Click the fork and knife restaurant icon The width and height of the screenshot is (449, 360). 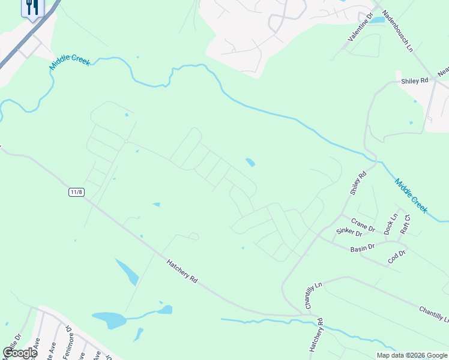(x=32, y=7)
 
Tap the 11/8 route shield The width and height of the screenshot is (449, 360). (x=76, y=192)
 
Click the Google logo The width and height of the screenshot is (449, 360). (x=20, y=353)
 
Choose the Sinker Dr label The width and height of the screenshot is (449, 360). (x=349, y=232)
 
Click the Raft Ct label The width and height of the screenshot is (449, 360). (x=405, y=224)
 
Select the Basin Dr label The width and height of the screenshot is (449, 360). (x=363, y=247)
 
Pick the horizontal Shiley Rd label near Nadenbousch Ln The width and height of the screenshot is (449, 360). (x=414, y=80)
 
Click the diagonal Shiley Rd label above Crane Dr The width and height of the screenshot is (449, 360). (x=358, y=184)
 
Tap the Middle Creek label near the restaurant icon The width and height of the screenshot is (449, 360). (x=69, y=61)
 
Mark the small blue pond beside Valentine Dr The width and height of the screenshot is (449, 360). (x=377, y=20)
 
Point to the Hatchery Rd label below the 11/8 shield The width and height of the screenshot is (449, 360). (x=182, y=271)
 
